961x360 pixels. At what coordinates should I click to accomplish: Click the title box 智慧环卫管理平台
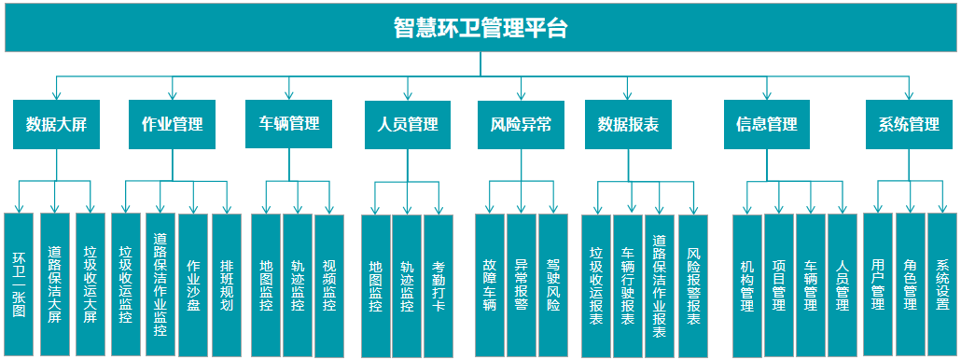pos(480,28)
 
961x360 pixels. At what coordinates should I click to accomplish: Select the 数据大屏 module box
pos(56,124)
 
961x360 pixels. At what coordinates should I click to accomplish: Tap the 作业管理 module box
pos(172,124)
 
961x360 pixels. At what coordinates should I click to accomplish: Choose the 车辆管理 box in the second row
pos(288,123)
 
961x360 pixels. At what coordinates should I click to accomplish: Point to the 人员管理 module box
pos(407,124)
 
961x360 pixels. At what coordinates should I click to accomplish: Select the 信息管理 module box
pos(766,124)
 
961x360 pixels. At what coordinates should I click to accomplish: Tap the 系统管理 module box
pos(909,124)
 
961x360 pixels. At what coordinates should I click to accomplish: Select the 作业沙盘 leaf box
pos(193,284)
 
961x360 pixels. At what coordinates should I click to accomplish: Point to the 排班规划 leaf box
pos(227,284)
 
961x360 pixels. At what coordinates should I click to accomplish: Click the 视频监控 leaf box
pos(329,284)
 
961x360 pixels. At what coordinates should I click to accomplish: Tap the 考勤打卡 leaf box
pos(439,285)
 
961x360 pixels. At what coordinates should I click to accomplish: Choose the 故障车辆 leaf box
pos(490,285)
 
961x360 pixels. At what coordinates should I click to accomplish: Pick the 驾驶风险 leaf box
pos(553,285)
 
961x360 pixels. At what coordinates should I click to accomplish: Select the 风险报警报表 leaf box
pos(692,285)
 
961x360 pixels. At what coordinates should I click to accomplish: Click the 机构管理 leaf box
pos(747,285)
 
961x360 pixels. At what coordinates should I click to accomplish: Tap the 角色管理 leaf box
pos(911,284)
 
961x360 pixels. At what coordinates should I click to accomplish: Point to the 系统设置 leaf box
pos(942,284)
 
